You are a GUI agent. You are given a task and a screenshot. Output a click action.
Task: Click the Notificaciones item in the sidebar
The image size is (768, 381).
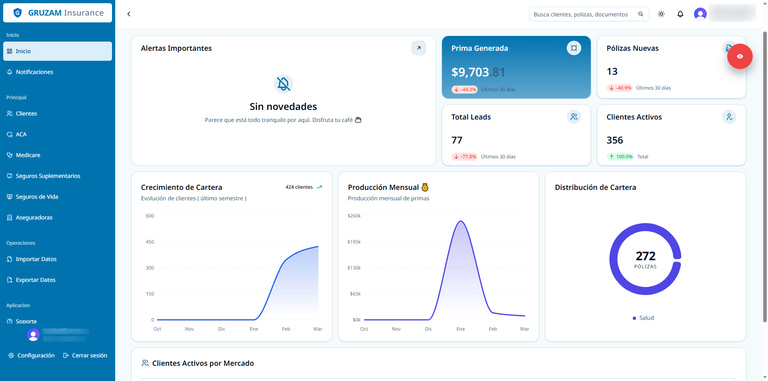coord(34,72)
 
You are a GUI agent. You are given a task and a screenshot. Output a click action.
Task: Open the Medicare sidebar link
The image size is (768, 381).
coord(28,155)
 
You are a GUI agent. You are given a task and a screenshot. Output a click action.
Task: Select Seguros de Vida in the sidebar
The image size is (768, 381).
coord(37,197)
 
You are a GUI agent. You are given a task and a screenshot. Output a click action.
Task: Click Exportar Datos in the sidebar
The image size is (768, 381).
coord(36,280)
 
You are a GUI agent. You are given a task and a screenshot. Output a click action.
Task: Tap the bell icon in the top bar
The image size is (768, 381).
coord(680,14)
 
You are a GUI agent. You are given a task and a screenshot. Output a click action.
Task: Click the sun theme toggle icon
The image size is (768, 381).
coord(661,14)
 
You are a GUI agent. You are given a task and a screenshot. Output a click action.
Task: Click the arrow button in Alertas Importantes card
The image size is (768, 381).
coord(418,48)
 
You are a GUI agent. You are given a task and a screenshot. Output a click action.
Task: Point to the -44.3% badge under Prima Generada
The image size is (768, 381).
coord(464,90)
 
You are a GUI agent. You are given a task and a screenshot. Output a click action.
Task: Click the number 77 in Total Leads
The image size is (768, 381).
coord(457,140)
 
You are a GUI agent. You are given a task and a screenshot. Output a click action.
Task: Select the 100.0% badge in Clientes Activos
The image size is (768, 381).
coord(621,157)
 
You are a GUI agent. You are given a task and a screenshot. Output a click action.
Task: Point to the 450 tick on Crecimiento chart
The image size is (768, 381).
coord(150,242)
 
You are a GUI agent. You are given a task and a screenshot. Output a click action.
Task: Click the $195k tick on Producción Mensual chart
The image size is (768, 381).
coord(354,242)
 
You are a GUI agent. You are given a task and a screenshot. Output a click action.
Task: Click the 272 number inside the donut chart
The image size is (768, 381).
coord(645,256)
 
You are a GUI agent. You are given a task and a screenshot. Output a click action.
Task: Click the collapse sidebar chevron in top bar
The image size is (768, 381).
coord(129,14)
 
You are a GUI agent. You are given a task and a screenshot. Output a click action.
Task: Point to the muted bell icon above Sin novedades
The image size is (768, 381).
coord(283,84)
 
